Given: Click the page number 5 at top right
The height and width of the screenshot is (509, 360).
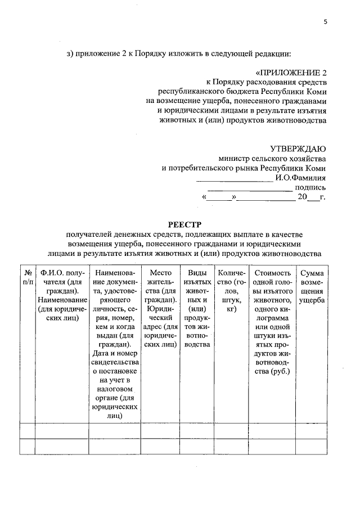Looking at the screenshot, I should (x=325, y=21).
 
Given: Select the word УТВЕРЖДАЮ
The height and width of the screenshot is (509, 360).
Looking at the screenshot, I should (x=298, y=149).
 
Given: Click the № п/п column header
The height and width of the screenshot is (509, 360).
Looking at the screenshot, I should (x=27, y=277).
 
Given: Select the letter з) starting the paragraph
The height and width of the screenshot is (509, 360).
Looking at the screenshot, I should (x=70, y=54).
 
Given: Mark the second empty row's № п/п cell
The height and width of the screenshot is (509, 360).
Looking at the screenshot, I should (x=27, y=446).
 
